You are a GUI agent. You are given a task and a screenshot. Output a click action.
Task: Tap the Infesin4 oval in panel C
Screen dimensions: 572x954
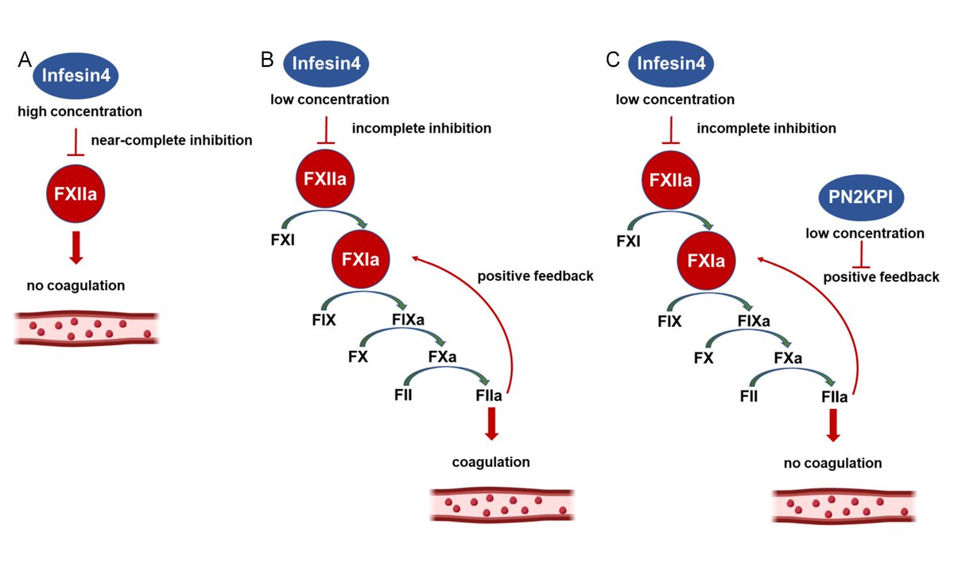pyautogui.click(x=671, y=64)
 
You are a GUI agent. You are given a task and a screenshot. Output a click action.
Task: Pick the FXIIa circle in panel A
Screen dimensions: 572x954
pyautogui.click(x=76, y=191)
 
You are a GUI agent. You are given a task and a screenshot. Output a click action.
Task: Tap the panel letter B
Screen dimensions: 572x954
pyautogui.click(x=268, y=60)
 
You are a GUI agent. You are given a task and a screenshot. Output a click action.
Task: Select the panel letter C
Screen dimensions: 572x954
pyautogui.click(x=612, y=60)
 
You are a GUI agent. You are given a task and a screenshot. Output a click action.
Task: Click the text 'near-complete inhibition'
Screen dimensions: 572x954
pyautogui.click(x=171, y=141)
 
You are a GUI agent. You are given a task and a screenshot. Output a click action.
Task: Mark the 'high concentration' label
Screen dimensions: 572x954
pyautogui.click(x=80, y=111)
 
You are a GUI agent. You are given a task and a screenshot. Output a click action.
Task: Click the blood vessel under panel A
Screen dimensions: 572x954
pyautogui.click(x=86, y=328)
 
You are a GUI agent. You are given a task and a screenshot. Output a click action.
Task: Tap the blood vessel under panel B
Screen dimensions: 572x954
pyautogui.click(x=501, y=502)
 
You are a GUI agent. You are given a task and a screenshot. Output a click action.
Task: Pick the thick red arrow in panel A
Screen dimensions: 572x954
pyautogui.click(x=76, y=247)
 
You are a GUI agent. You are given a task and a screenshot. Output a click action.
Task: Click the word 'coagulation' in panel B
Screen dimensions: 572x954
pyautogui.click(x=491, y=461)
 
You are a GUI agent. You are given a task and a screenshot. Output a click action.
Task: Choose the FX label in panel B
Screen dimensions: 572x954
pyautogui.click(x=358, y=357)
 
